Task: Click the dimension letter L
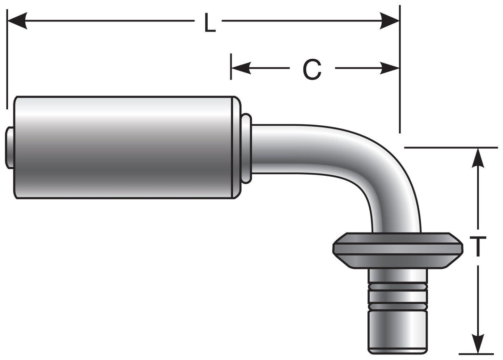point(209,24)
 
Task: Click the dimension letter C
point(312,69)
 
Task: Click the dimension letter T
point(478,246)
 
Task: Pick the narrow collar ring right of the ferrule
point(246,148)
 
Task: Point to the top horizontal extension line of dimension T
point(451,148)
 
